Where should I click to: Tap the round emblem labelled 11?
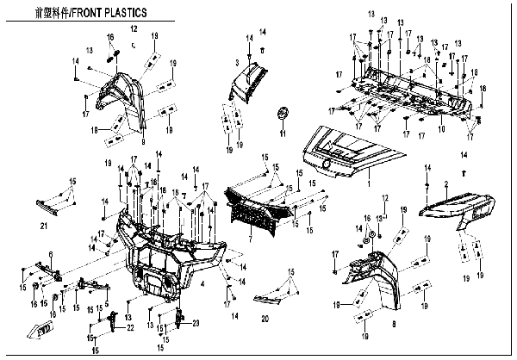(x=281, y=115)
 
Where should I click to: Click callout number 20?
(x=264, y=318)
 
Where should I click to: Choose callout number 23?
(x=196, y=324)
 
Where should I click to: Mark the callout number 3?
(x=237, y=64)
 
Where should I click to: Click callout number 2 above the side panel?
(x=445, y=184)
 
